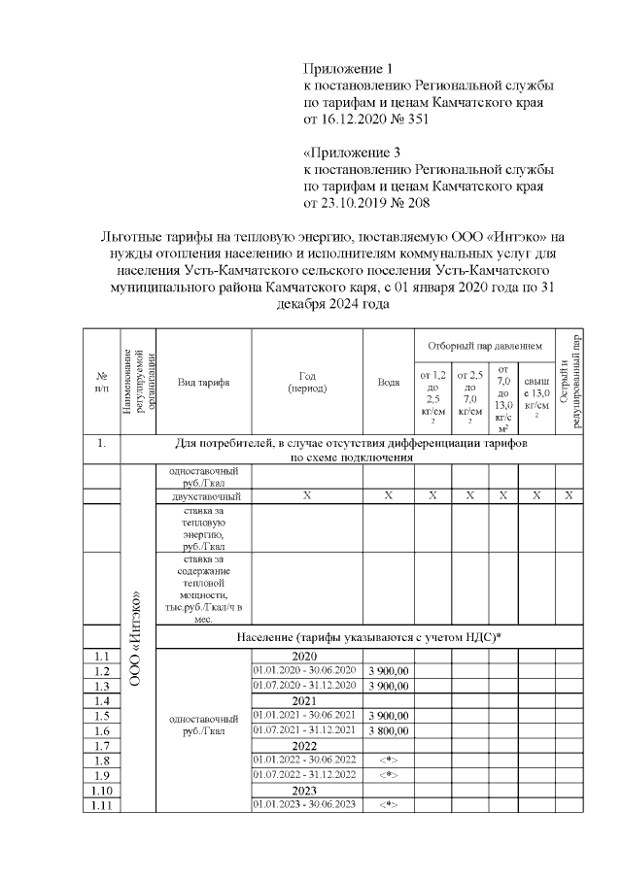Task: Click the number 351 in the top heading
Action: click(x=413, y=120)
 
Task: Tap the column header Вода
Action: click(x=388, y=382)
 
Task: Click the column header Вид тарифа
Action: click(x=203, y=382)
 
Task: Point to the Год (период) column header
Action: click(x=307, y=382)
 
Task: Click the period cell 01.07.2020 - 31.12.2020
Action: click(x=306, y=685)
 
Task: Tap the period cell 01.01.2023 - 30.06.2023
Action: click(x=306, y=804)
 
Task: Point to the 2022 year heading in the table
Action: click(x=306, y=745)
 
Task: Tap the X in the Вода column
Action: click(x=388, y=496)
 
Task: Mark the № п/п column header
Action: click(x=101, y=382)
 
